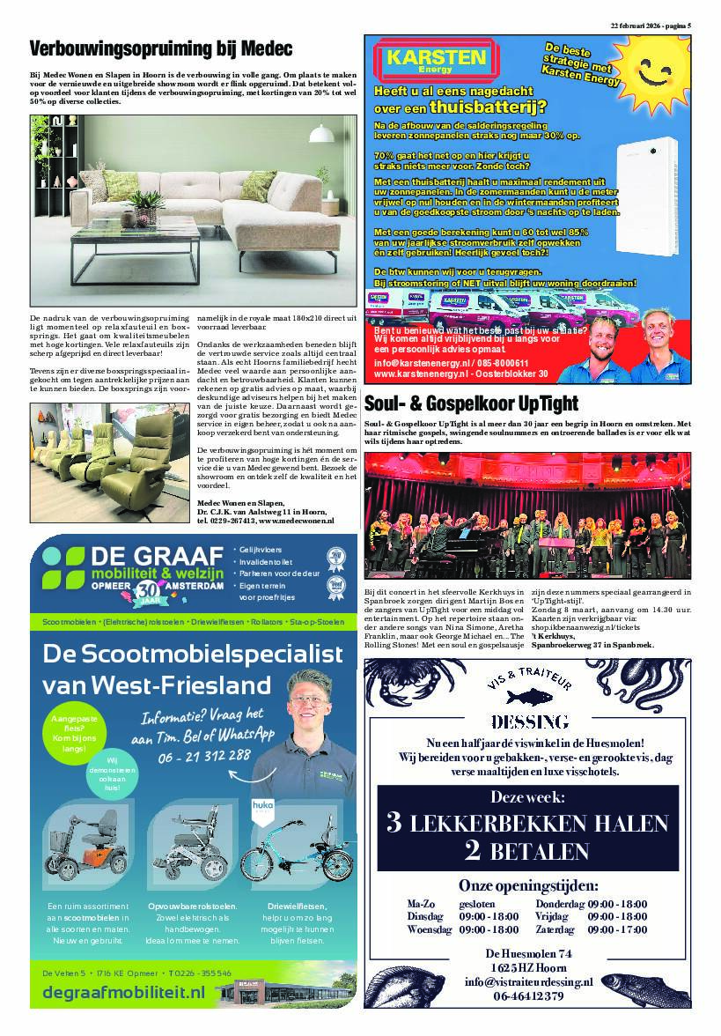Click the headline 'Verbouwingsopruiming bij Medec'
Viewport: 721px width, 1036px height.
pyautogui.click(x=161, y=48)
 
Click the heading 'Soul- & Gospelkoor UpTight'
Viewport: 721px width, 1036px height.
pyautogui.click(x=471, y=404)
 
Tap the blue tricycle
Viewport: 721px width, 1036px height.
pyautogui.click(x=285, y=850)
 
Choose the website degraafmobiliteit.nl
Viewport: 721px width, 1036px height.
pyautogui.click(x=123, y=993)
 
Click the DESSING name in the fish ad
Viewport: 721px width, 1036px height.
pyautogui.click(x=528, y=722)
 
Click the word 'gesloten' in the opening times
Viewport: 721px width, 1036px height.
pyautogui.click(x=477, y=904)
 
